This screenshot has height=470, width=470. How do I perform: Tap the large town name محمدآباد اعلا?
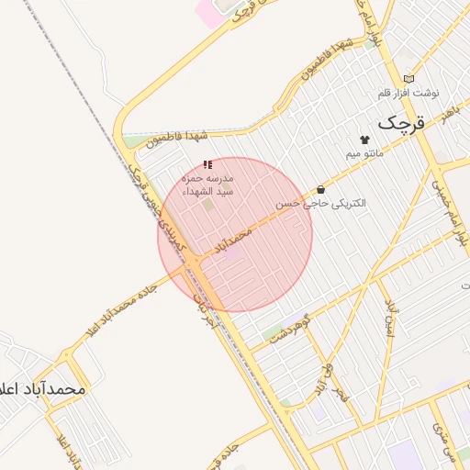43,389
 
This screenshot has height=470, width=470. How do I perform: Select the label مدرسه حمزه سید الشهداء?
208,183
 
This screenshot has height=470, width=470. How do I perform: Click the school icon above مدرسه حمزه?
207,162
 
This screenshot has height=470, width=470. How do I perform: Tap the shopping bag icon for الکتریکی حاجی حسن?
319,188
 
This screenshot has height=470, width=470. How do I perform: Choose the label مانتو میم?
364,155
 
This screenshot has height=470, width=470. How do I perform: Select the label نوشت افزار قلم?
408,94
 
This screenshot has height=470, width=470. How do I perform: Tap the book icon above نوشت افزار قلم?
408,79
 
